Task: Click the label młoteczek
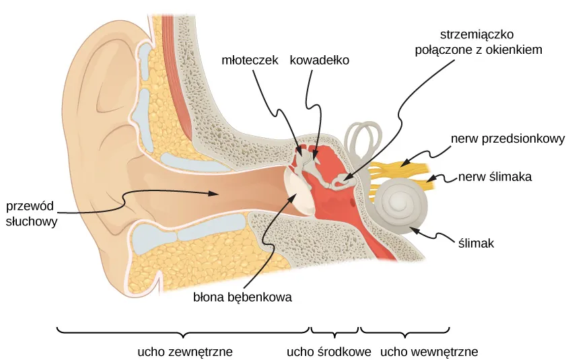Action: click(x=250, y=60)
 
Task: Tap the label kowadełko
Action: click(x=320, y=60)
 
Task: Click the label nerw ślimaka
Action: click(x=495, y=178)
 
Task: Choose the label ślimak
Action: click(x=476, y=244)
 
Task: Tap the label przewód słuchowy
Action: click(x=32, y=212)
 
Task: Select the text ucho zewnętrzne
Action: click(x=184, y=351)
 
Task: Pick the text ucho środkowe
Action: click(x=330, y=351)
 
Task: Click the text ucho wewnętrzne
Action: click(x=429, y=351)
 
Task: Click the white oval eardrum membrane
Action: click(x=297, y=192)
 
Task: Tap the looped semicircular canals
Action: click(x=362, y=138)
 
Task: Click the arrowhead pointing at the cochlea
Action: click(x=415, y=229)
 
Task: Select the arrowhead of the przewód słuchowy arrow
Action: click(x=215, y=194)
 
